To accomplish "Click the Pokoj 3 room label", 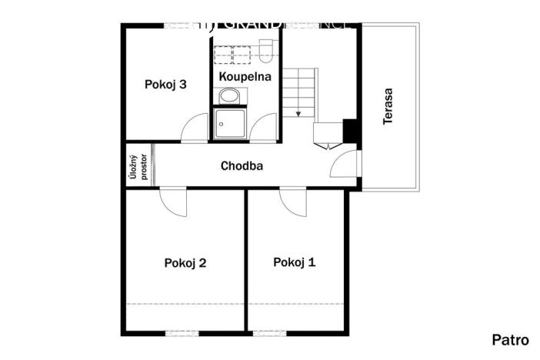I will click(x=165, y=85).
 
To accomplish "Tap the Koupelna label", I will click(x=245, y=77).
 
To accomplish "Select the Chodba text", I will click(x=242, y=165).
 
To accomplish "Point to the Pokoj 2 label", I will click(x=185, y=263).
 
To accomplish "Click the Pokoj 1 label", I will click(x=294, y=262).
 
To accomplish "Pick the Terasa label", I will click(x=389, y=108).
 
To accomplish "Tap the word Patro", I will click(x=510, y=339).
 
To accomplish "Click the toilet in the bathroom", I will click(x=266, y=51).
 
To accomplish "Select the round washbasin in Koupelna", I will click(x=228, y=96).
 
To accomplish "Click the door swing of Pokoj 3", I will click(x=195, y=129).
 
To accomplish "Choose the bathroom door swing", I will click(x=265, y=129).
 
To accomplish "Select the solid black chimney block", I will click(x=350, y=132).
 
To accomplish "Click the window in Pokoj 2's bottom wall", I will click(x=182, y=332).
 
